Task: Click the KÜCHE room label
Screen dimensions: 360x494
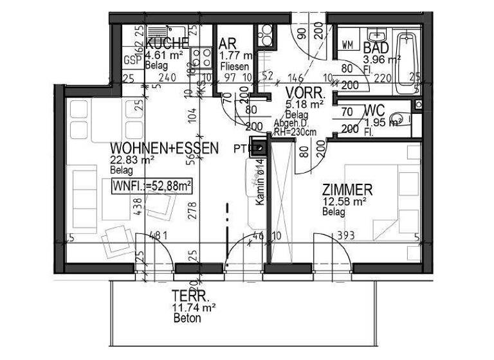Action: pyautogui.click(x=167, y=44)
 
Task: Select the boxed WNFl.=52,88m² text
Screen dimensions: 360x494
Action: pyautogui.click(x=153, y=186)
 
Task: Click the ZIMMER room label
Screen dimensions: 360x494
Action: pyautogui.click(x=347, y=190)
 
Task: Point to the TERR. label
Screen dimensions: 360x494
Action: pyautogui.click(x=191, y=297)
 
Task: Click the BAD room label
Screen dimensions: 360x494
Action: pyautogui.click(x=375, y=47)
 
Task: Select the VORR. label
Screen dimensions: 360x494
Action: pyautogui.click(x=305, y=92)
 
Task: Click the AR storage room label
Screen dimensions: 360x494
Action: pyautogui.click(x=227, y=44)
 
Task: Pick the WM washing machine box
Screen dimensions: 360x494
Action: pyautogui.click(x=348, y=44)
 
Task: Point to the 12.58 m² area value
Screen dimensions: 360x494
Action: pyautogui.click(x=344, y=201)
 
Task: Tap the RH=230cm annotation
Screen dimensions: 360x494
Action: pyautogui.click(x=295, y=132)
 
